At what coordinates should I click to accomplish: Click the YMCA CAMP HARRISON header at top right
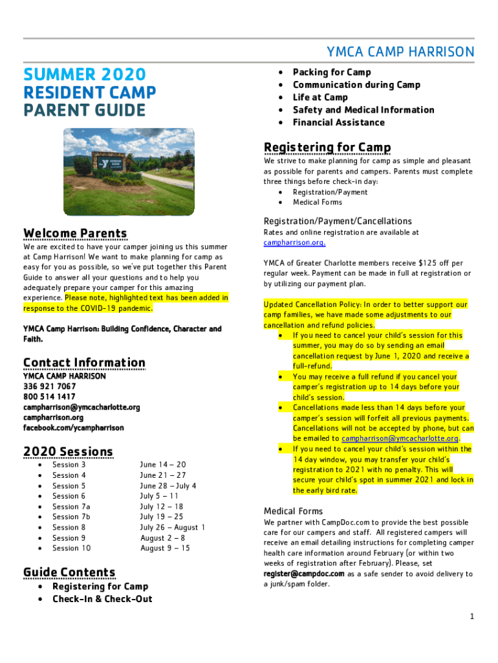click(x=400, y=52)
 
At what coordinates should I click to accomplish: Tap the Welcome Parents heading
click(x=75, y=233)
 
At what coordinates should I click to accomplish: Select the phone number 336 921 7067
click(x=49, y=387)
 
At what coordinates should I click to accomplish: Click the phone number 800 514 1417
click(x=49, y=397)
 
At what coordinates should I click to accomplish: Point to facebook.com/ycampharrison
click(x=73, y=428)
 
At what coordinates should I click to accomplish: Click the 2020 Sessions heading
click(x=68, y=451)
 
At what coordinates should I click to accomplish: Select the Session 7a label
click(x=71, y=507)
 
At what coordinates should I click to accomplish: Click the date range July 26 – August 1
click(x=172, y=528)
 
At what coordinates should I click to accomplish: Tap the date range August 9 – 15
click(x=165, y=548)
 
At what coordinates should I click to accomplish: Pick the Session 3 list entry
click(x=69, y=465)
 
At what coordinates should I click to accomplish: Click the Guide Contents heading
click(x=69, y=572)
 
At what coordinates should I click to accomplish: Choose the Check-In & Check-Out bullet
click(x=102, y=599)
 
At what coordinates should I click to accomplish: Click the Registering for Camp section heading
click(x=327, y=147)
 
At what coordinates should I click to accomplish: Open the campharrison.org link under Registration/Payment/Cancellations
click(x=294, y=243)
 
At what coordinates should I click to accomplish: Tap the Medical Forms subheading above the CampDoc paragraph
click(x=293, y=511)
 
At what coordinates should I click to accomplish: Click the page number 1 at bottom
click(x=472, y=616)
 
